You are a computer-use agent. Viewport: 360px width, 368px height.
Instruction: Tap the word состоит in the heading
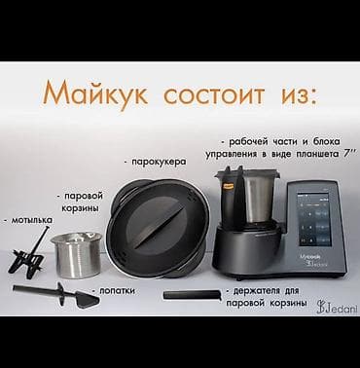[208, 95]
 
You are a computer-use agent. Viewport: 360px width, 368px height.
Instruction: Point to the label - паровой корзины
[83, 201]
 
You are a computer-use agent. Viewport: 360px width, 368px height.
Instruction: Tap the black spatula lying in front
[54, 293]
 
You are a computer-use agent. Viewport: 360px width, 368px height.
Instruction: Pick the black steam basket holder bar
[191, 294]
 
